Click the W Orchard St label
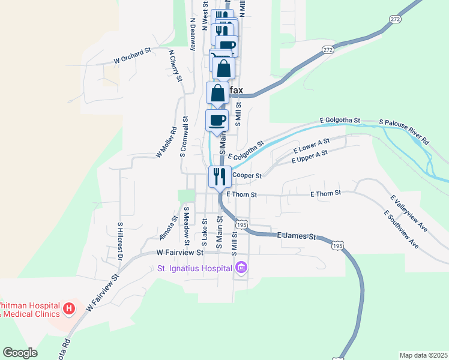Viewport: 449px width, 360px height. point(131,56)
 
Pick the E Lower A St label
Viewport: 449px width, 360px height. point(312,145)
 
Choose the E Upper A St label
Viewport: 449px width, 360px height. point(309,157)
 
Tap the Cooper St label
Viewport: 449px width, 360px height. point(247,176)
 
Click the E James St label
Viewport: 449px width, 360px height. point(297,236)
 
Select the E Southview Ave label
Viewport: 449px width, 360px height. point(402,229)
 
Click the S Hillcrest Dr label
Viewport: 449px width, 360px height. point(120,241)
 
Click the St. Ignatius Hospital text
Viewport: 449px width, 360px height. point(195,268)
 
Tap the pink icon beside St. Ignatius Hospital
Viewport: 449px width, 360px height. point(241,268)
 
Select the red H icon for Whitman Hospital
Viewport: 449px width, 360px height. point(69,309)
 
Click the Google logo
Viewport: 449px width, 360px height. point(20,353)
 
